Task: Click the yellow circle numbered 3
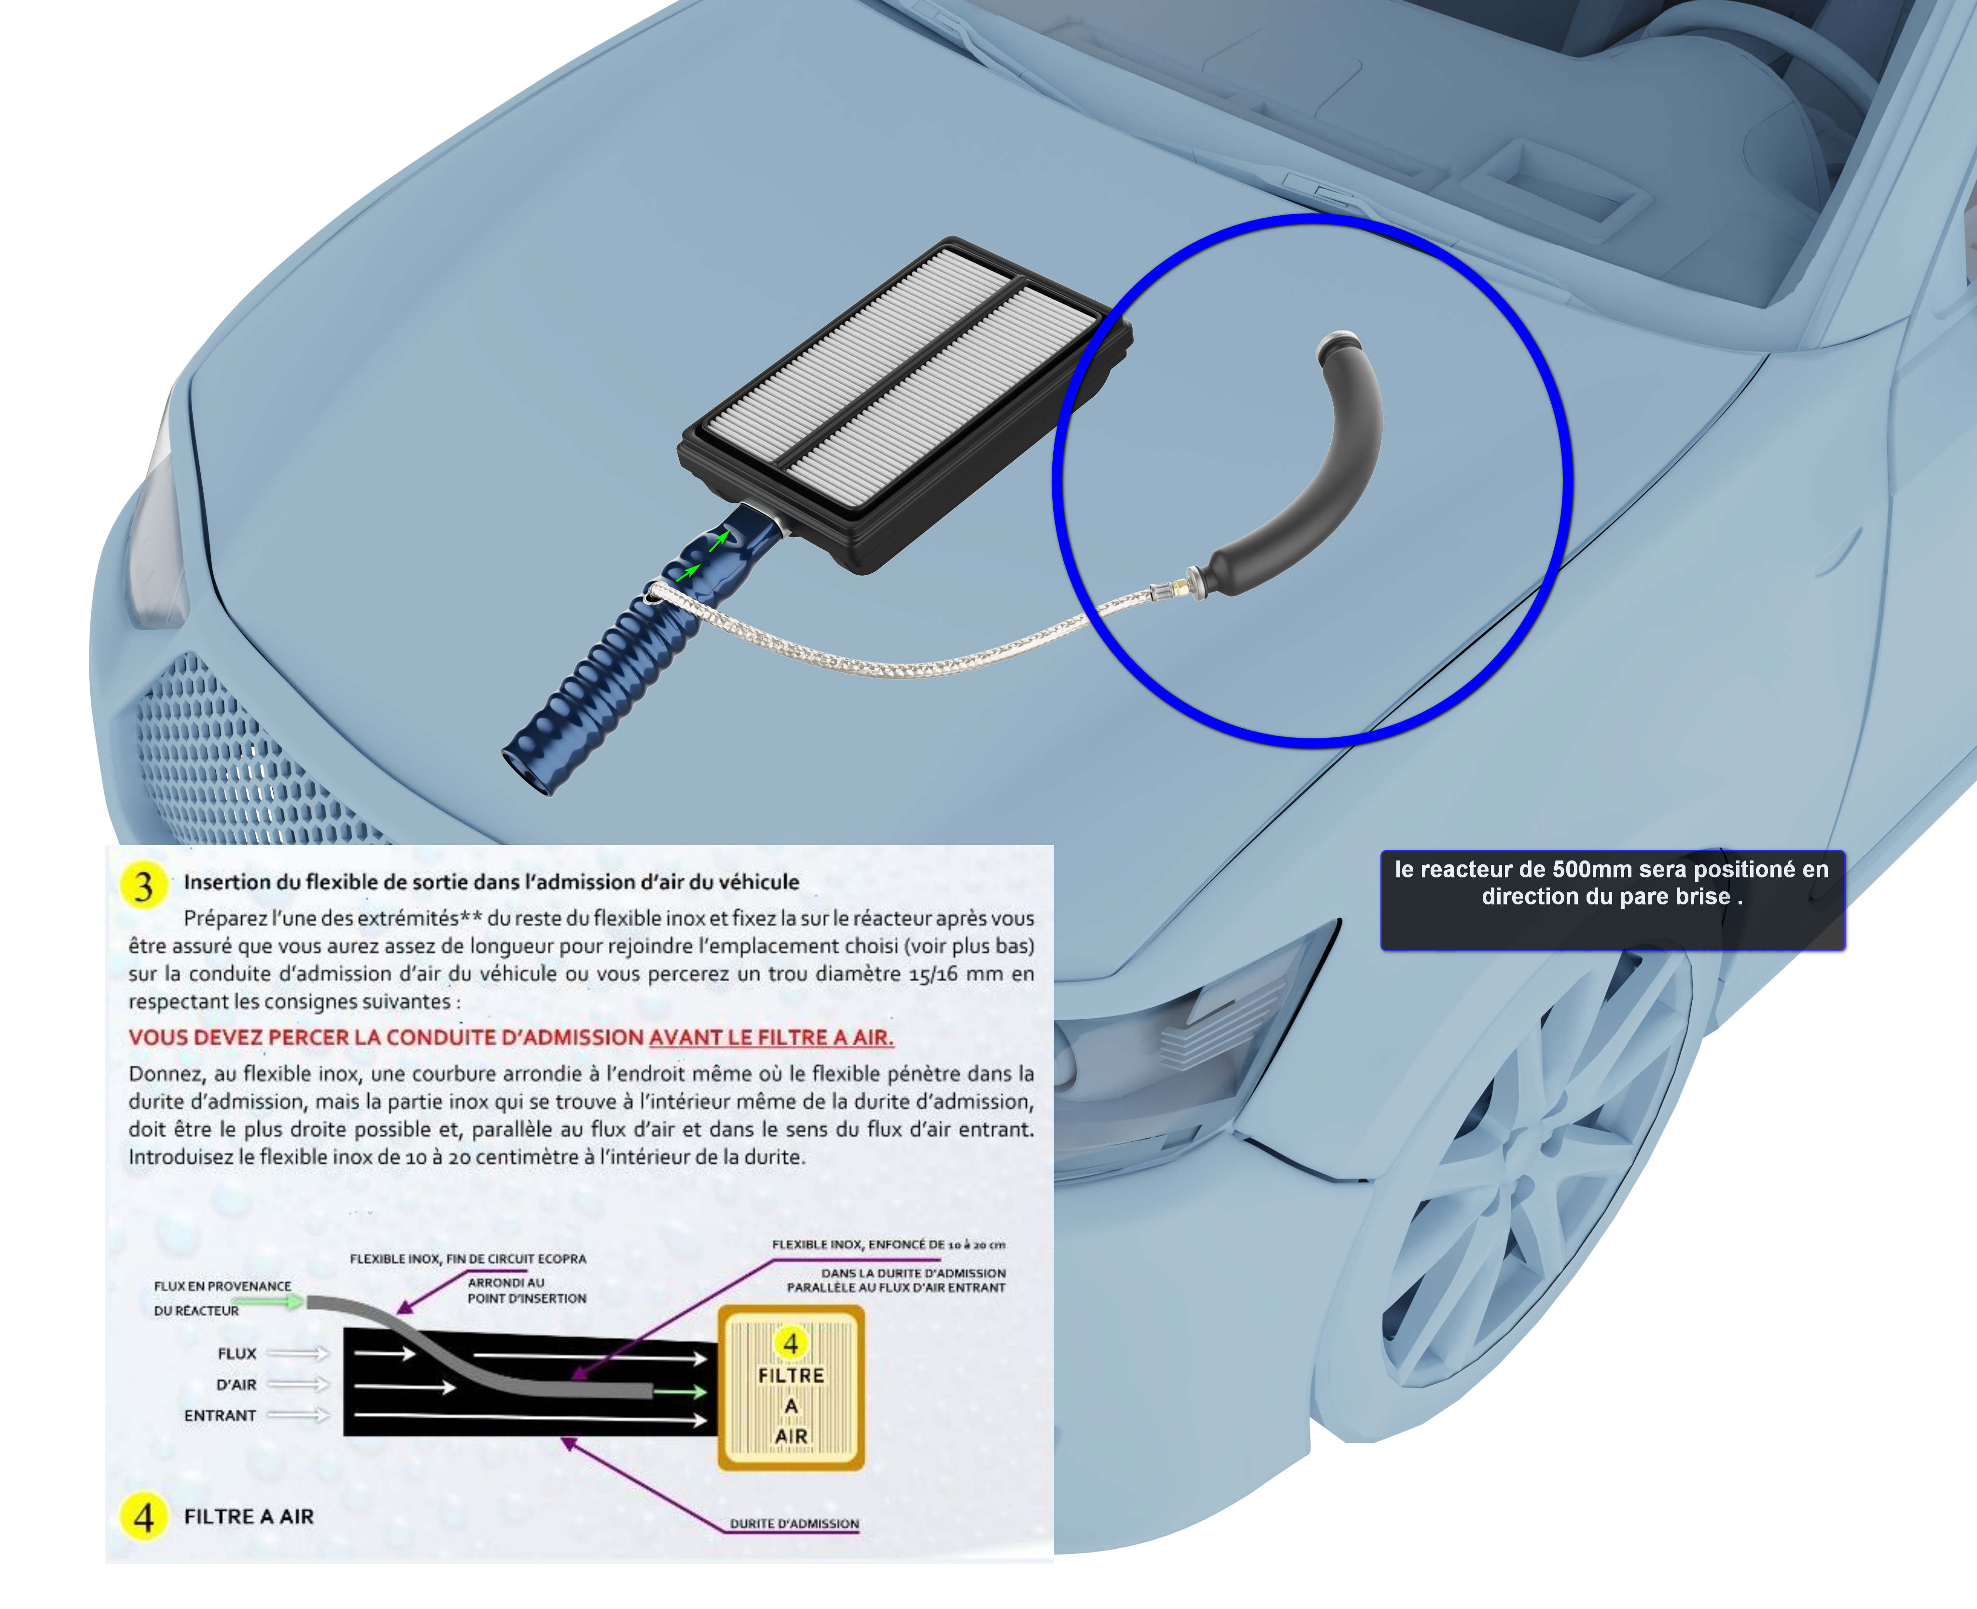click(144, 886)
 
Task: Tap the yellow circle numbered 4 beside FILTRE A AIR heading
click(144, 1516)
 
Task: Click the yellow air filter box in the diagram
click(791, 1387)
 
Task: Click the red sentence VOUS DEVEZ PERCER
click(511, 1037)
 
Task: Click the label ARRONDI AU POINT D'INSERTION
click(527, 1290)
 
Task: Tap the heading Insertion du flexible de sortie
click(491, 881)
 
